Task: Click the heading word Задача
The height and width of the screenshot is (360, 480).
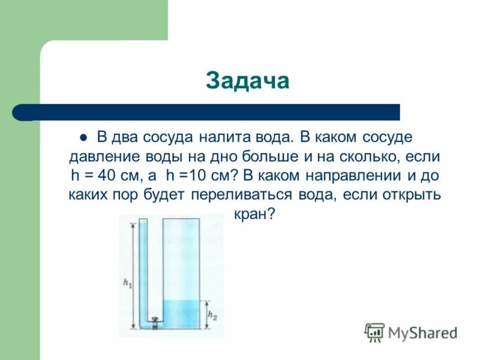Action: point(247,82)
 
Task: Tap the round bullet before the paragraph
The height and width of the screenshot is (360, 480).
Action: point(83,137)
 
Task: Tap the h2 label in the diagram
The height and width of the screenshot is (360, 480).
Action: point(211,314)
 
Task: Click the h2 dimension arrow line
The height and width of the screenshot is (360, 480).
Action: point(206,314)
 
